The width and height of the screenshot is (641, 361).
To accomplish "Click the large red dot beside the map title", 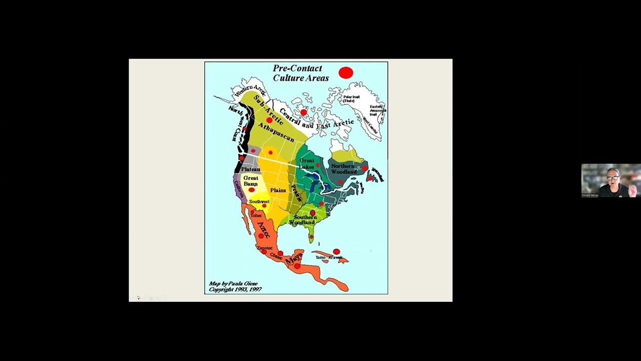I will point(346,73).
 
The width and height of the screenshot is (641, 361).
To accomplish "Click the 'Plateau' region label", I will point(250,169).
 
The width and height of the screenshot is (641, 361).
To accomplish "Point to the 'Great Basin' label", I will point(250,181).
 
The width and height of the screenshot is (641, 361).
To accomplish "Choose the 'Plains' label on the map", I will point(278,191).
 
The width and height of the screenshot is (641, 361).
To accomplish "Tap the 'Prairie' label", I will point(296,193).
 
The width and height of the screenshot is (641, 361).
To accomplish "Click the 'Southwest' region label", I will point(259,202).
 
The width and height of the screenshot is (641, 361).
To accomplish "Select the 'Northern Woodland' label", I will point(343,169).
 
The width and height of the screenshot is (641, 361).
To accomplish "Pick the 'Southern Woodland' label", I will point(305,220).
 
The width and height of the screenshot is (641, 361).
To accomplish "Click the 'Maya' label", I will point(294,258).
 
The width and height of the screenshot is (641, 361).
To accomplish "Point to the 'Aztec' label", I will point(264,230).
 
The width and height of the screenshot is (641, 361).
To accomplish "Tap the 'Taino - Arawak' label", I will point(329,257).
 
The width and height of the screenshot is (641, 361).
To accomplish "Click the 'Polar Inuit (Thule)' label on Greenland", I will point(352,99).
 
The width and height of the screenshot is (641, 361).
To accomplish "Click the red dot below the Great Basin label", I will point(251,190).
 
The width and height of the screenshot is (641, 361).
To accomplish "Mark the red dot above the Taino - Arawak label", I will point(336,251).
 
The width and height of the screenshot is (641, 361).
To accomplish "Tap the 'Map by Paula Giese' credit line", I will point(233,284).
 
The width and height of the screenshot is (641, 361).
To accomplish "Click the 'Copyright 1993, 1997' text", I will point(235,290).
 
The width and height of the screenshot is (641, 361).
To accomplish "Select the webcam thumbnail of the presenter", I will point(611,180).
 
